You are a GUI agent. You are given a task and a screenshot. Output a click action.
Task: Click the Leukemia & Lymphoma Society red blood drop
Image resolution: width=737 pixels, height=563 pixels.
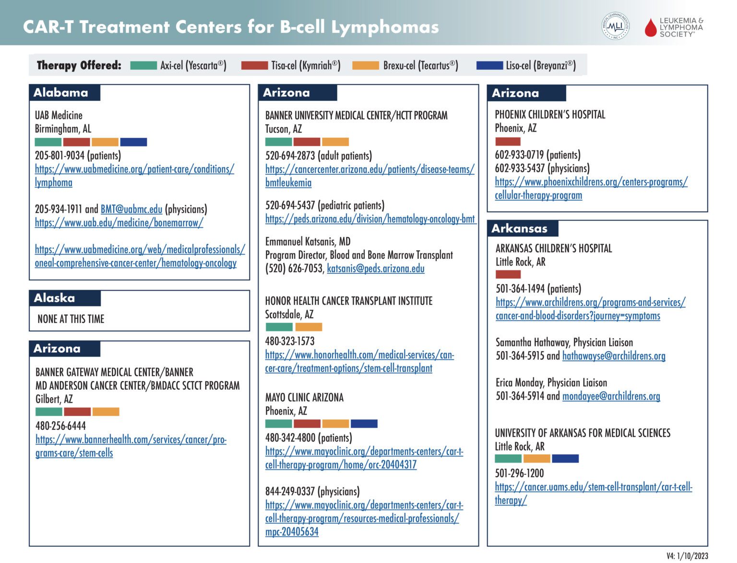tap(650, 28)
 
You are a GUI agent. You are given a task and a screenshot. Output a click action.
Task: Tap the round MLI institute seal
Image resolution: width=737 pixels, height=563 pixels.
tap(615, 26)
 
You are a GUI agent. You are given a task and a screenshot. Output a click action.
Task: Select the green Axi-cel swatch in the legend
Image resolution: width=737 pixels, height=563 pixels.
tap(143, 65)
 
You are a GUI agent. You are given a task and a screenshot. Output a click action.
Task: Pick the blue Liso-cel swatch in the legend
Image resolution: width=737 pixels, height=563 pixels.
tap(489, 65)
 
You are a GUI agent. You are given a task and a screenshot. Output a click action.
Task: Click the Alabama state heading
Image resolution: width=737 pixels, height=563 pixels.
tap(61, 92)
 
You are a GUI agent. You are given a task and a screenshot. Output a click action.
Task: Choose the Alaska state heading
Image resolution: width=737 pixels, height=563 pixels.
tap(54, 298)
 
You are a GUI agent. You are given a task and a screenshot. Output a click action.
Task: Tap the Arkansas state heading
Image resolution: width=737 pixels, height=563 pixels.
tap(519, 229)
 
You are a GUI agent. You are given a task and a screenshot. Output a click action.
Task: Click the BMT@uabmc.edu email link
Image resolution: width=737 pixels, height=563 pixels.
tap(131, 209)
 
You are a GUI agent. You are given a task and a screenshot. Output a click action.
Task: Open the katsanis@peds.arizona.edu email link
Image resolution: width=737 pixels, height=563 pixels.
tap(375, 269)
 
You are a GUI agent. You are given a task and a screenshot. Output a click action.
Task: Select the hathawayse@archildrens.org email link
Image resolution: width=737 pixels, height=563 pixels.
tap(613, 355)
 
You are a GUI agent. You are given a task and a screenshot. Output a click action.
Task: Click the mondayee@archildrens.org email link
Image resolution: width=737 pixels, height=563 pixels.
tap(611, 396)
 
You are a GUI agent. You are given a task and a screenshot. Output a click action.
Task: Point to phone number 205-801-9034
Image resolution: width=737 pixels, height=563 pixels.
tap(59, 155)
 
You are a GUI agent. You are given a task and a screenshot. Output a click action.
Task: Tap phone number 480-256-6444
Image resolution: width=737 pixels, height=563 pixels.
tap(60, 426)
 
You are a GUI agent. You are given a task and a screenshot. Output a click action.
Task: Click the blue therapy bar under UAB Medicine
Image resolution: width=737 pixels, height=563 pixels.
tap(133, 142)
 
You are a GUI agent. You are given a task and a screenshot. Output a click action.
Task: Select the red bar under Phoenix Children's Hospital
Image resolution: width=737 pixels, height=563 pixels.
tap(508, 141)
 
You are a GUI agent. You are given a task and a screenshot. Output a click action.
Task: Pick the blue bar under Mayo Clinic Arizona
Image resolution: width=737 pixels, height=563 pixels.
tap(364, 424)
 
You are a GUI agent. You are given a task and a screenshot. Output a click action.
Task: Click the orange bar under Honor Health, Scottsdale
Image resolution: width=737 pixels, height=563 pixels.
tap(309, 327)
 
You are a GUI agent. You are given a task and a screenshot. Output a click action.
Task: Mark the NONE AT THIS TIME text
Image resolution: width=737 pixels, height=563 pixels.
tap(71, 318)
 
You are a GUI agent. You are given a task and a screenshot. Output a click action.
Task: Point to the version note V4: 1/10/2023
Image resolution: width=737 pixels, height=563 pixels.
tap(687, 556)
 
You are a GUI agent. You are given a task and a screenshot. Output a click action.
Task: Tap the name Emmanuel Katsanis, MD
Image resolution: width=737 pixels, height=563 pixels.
tap(308, 241)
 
